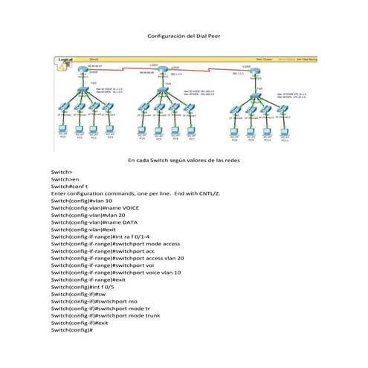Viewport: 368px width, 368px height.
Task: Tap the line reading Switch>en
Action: pos(65,179)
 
